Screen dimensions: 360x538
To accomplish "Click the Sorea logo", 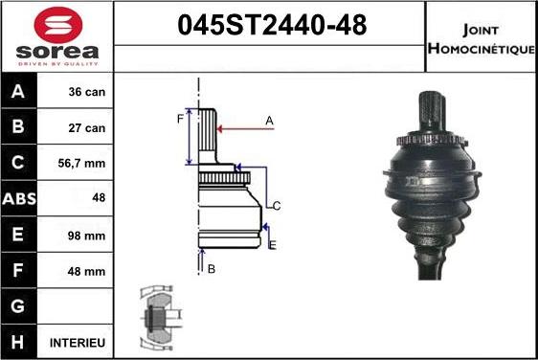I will (57, 35).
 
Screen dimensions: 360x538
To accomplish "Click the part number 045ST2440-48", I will (271, 27).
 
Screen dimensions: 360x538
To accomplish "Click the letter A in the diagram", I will (270, 121).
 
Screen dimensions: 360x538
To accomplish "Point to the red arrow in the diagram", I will (244, 127).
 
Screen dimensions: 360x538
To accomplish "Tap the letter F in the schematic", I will (179, 119).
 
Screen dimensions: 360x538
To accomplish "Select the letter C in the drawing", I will (276, 206).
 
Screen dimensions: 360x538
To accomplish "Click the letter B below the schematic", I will (211, 269).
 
